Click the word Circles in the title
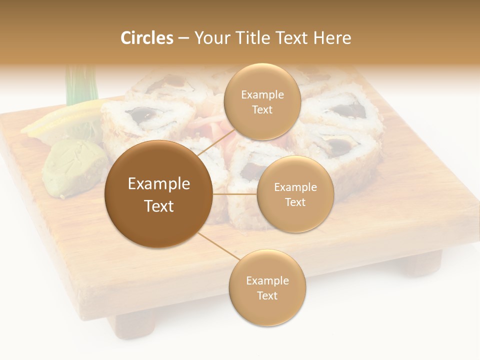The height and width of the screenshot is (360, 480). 147,38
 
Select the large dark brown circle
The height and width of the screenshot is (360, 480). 158,194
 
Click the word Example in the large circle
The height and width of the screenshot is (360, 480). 159,184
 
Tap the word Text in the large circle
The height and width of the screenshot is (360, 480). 159,206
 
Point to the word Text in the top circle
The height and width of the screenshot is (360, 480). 262,110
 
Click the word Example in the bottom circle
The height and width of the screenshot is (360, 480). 267,280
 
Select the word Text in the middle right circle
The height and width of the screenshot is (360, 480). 295,202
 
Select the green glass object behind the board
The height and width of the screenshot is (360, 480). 80,85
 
